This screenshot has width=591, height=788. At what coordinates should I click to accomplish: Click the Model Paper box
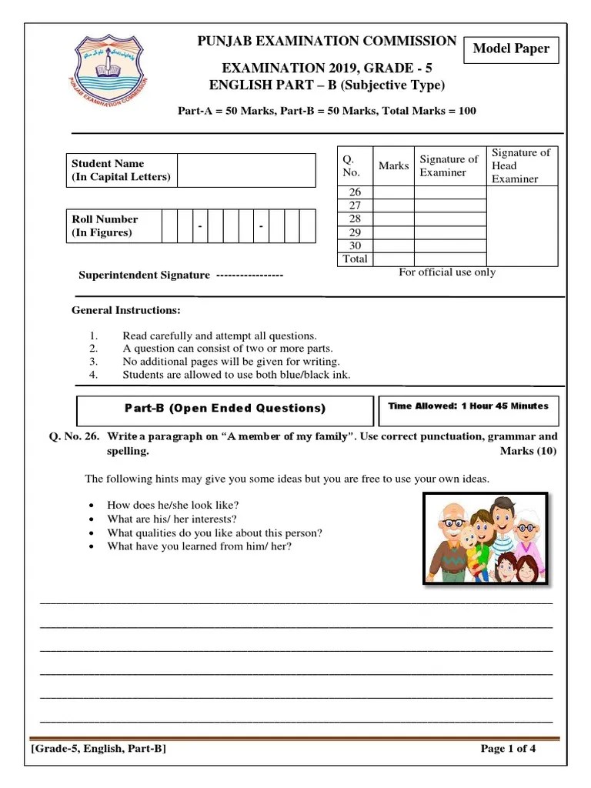[511, 49]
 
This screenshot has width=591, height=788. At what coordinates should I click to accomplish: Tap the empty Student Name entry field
[245, 170]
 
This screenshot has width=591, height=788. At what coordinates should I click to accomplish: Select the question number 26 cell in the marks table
[356, 192]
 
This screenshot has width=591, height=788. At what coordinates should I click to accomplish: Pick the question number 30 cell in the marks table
[356, 245]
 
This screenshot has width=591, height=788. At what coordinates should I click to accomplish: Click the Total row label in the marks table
[356, 259]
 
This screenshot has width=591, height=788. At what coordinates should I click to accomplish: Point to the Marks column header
[394, 165]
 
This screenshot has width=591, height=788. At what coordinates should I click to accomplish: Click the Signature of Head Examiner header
[521, 165]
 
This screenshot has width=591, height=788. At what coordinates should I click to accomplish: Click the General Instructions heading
[126, 311]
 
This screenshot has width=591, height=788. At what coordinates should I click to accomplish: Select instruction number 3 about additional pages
[231, 361]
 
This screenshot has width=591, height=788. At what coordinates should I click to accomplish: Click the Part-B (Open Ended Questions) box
[225, 409]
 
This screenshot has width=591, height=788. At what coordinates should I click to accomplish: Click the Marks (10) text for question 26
[528, 451]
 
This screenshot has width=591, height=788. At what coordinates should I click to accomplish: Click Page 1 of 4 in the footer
[508, 749]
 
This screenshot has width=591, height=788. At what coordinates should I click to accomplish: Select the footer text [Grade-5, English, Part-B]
[98, 749]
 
